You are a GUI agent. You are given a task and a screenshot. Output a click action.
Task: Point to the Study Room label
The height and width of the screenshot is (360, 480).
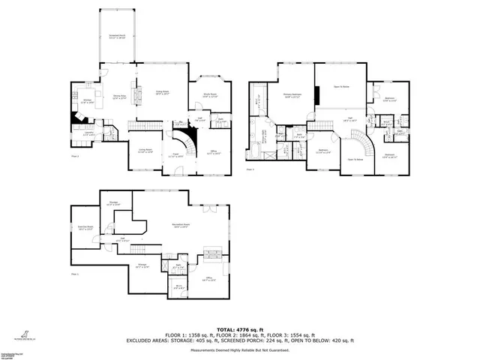tap(199, 96)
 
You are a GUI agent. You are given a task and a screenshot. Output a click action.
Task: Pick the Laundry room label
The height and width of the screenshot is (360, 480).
tap(89, 134)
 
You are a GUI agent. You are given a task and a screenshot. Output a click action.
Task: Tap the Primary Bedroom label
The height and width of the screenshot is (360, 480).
tap(292, 95)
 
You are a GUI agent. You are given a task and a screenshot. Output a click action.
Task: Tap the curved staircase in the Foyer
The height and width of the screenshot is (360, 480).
tap(187, 139)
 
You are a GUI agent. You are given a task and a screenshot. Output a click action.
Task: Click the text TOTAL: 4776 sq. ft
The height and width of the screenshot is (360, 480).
tap(239, 328)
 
